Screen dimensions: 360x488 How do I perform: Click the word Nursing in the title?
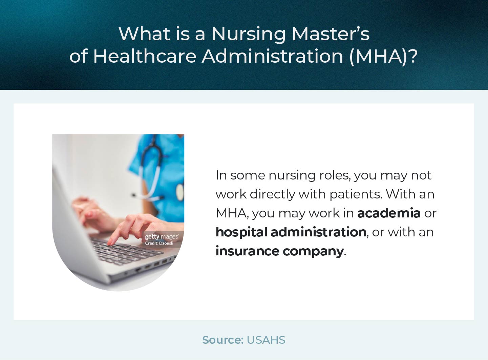point(249,34)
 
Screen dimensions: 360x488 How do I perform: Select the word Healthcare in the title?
point(145,56)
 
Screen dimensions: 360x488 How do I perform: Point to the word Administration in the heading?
point(273,56)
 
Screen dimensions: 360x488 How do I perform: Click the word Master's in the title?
point(331,34)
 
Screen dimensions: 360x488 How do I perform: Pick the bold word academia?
point(389,213)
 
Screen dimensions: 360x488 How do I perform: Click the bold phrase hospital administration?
point(291,232)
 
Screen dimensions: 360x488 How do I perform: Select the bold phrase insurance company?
point(279,251)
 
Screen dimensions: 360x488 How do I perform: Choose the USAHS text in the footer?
point(266,340)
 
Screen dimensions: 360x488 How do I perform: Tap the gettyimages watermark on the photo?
point(162,237)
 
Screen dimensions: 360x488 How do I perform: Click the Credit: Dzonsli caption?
point(159,243)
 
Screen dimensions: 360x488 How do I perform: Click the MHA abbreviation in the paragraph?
point(232,213)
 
